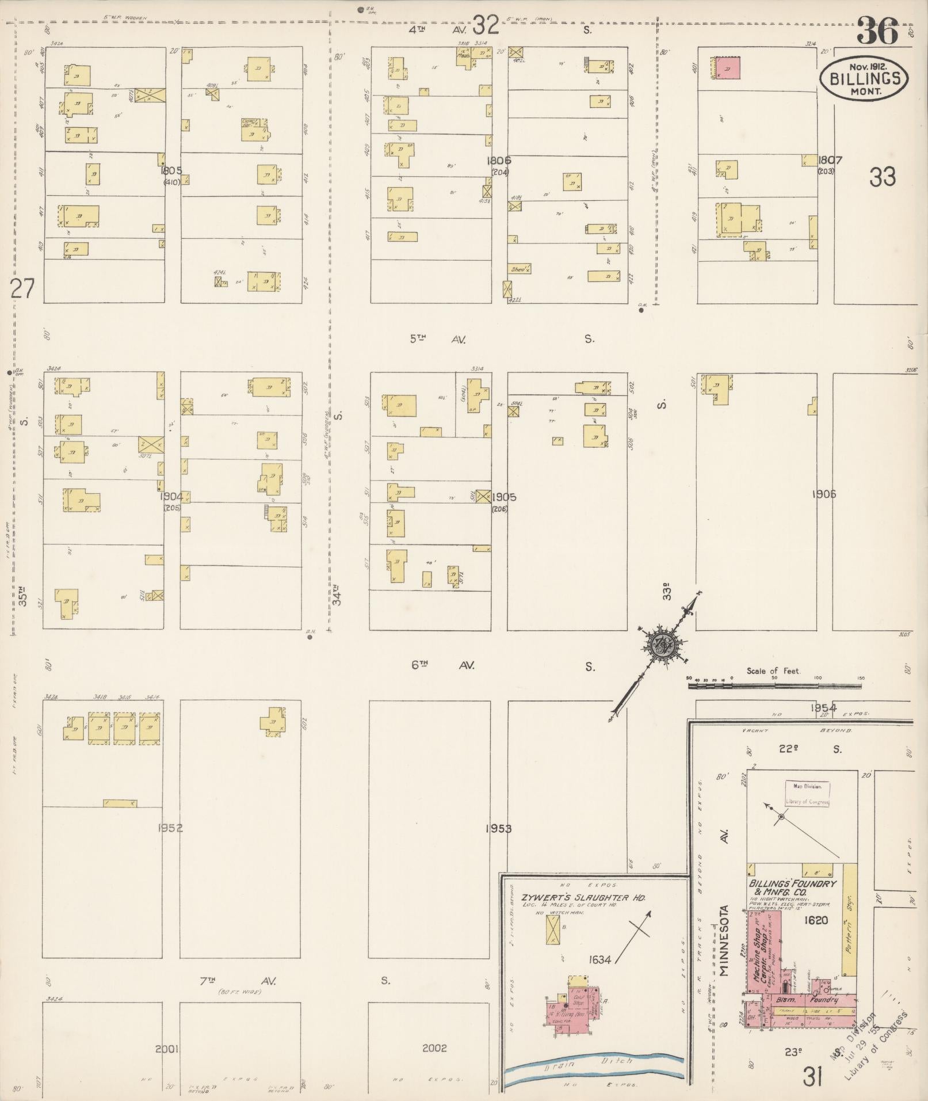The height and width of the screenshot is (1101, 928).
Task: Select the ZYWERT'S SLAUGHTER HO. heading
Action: point(583,897)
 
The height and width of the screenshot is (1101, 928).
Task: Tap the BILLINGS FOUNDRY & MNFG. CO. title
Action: point(792,887)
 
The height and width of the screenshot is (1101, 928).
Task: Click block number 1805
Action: point(171,170)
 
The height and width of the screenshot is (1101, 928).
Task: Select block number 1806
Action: point(498,161)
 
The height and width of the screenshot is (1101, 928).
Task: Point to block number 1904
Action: point(171,496)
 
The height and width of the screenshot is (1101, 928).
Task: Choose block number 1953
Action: point(498,828)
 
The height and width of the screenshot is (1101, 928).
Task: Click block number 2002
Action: point(434,1048)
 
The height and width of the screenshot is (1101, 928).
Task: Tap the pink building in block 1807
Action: point(728,68)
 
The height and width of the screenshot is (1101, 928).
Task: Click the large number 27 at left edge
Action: point(22,288)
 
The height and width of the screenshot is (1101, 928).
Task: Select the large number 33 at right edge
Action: point(883,177)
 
